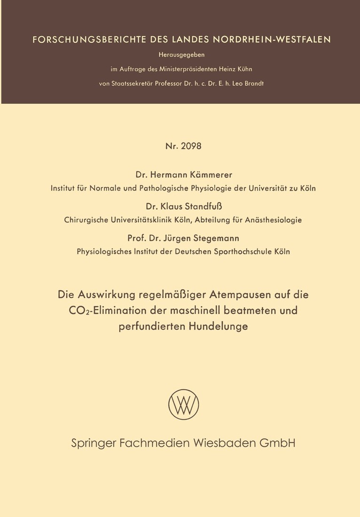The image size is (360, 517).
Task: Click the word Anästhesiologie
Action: pyautogui.click(x=273, y=219)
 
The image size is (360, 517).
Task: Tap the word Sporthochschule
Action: pyautogui.click(x=243, y=251)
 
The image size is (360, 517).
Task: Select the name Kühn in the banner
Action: pyautogui.click(x=243, y=69)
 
